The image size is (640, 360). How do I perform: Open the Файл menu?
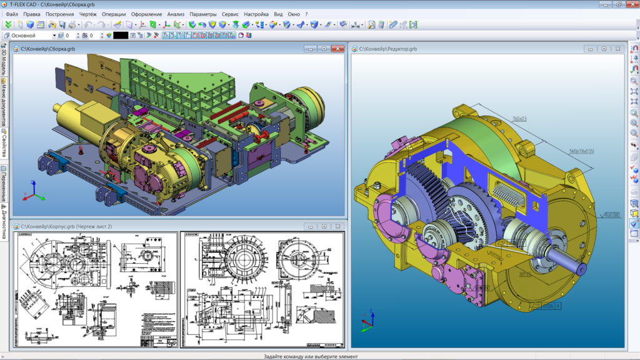point(11,14)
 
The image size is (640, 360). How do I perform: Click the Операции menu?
point(113,14)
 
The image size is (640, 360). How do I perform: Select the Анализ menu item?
point(176,14)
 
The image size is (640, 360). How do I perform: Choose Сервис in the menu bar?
point(231,14)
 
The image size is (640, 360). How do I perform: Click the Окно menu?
point(294,14)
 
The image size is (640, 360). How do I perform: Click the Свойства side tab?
point(4,144)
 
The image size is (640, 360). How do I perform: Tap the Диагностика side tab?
point(4,221)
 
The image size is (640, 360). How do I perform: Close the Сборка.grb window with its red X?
point(338,48)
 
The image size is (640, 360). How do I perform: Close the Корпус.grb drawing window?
point(338,226)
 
